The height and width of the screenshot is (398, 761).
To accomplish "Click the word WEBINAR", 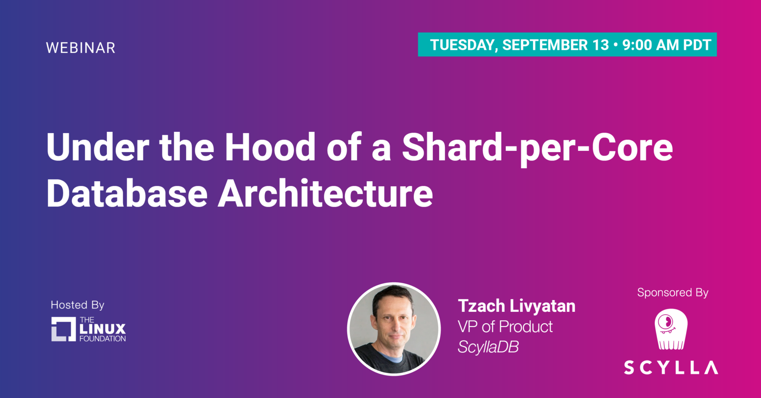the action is [80, 48].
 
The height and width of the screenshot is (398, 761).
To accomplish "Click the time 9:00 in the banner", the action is [637, 45].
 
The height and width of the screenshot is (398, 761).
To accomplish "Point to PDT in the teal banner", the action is [697, 45].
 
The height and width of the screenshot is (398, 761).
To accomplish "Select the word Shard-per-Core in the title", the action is [537, 149].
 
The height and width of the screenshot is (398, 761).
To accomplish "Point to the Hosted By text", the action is [77, 305].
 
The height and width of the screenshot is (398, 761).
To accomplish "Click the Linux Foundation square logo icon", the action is [63, 329].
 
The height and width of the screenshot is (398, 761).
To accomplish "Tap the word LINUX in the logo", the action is [103, 329].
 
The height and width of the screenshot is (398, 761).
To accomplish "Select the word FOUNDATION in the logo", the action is [103, 339].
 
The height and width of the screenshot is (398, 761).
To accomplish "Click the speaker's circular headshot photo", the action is [394, 329].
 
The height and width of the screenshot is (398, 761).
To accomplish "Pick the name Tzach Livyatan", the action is [517, 306].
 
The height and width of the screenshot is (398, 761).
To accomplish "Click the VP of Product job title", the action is [505, 327].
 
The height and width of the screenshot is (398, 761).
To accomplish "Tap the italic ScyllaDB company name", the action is [488, 347].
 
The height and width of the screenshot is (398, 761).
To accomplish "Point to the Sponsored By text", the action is [673, 292].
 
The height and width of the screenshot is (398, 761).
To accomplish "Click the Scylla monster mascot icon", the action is [671, 329].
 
